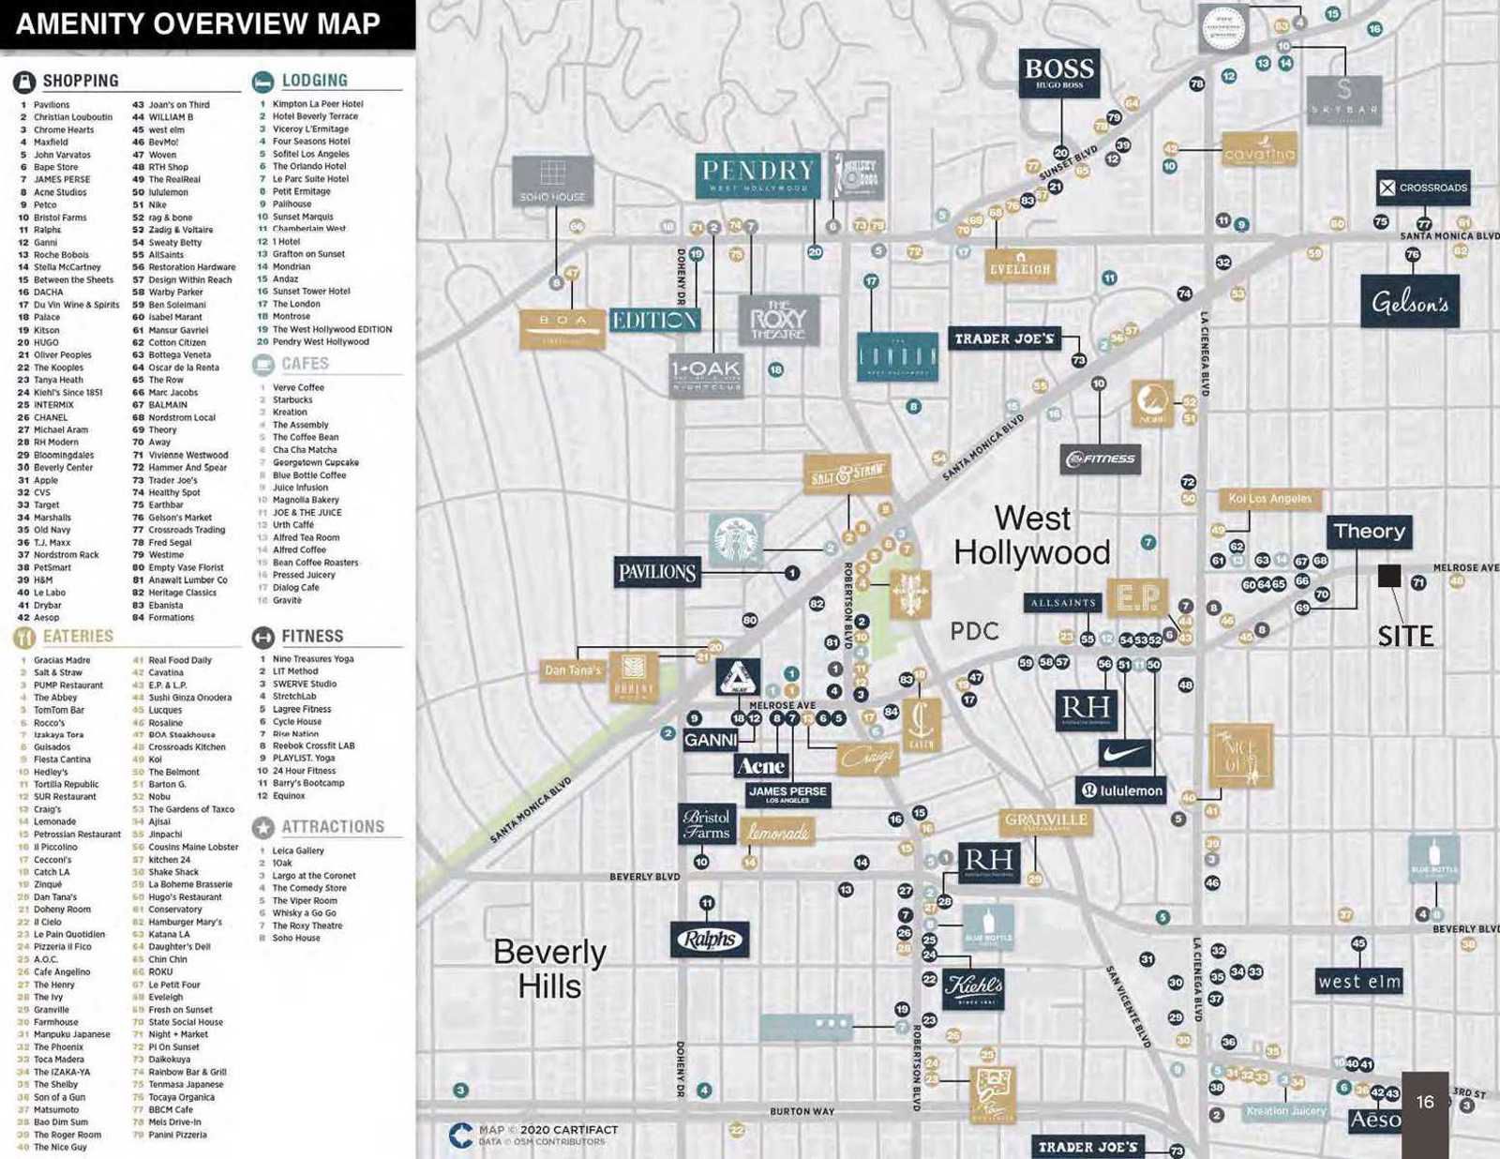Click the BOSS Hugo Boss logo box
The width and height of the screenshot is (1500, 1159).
pyautogui.click(x=1059, y=73)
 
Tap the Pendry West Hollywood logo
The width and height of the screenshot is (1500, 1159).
pyautogui.click(x=757, y=175)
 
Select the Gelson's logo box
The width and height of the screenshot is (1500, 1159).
pyautogui.click(x=1410, y=302)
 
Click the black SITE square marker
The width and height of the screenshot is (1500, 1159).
pyautogui.click(x=1388, y=576)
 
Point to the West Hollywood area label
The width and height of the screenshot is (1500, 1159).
pyautogui.click(x=1032, y=535)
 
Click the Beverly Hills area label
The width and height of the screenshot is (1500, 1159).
pyautogui.click(x=549, y=969)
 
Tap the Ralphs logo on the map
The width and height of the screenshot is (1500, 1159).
pyautogui.click(x=710, y=939)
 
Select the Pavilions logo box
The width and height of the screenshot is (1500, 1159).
pyautogui.click(x=656, y=572)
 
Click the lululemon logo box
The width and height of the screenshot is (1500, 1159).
pyautogui.click(x=1121, y=790)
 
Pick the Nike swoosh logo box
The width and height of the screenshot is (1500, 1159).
pyautogui.click(x=1124, y=753)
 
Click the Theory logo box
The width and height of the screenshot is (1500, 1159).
pyautogui.click(x=1370, y=532)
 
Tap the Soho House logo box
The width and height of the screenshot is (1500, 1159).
pyautogui.click(x=552, y=180)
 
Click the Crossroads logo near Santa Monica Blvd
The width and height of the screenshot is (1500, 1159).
pyautogui.click(x=1423, y=188)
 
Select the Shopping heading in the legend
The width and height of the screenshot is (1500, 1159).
pyautogui.click(x=81, y=81)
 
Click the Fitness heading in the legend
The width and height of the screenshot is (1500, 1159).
pyautogui.click(x=312, y=637)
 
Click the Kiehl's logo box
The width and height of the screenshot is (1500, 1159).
pyautogui.click(x=973, y=987)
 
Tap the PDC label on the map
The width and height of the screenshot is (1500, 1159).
pyautogui.click(x=974, y=631)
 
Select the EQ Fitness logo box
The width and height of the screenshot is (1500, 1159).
pyautogui.click(x=1101, y=459)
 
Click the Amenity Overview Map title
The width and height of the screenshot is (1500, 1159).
pyautogui.click(x=198, y=23)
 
